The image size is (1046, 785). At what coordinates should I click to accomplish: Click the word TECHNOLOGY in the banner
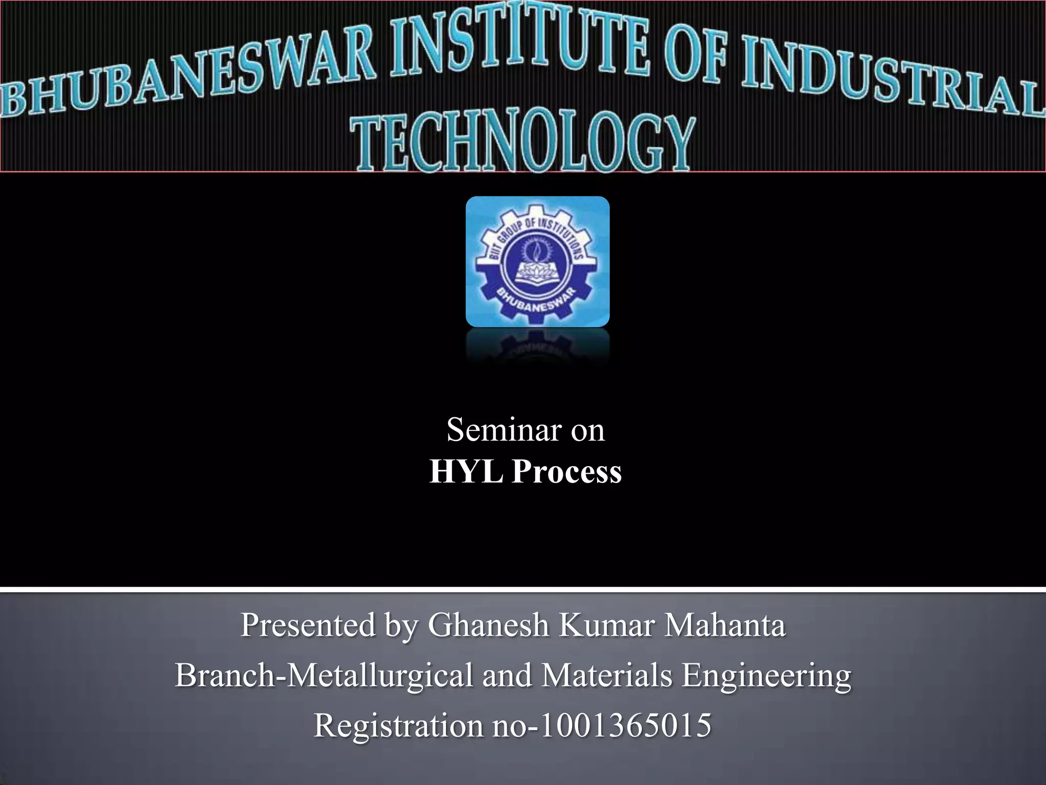524,143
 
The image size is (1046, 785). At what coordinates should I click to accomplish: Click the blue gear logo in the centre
537,261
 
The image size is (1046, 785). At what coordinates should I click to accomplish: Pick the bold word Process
567,471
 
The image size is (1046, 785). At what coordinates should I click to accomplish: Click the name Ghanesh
488,625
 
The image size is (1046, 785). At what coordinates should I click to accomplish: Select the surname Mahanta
724,625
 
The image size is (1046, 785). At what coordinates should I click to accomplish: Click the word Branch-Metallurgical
324,676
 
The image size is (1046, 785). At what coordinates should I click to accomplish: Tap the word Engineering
766,676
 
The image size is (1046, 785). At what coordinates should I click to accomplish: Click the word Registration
398,726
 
